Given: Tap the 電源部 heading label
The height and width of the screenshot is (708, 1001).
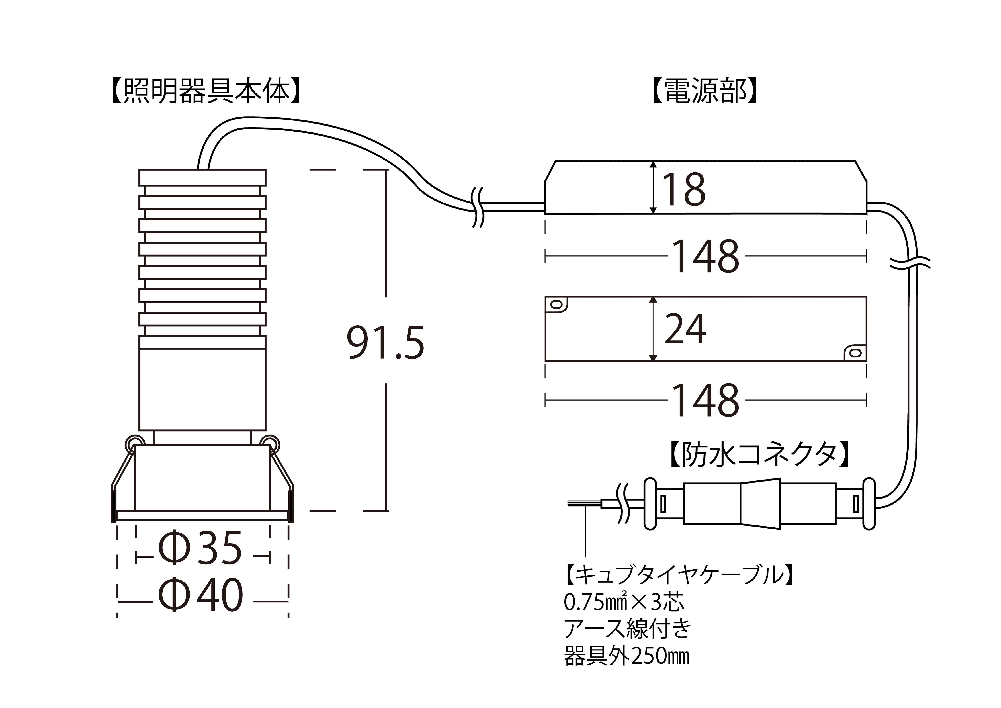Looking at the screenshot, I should coord(705,92).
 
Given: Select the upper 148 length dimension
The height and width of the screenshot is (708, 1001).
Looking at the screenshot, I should coord(706,256).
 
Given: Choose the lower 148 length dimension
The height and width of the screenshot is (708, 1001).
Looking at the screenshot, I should coord(706,400).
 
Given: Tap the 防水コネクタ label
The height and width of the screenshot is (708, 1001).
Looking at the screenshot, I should coord(759,455).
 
